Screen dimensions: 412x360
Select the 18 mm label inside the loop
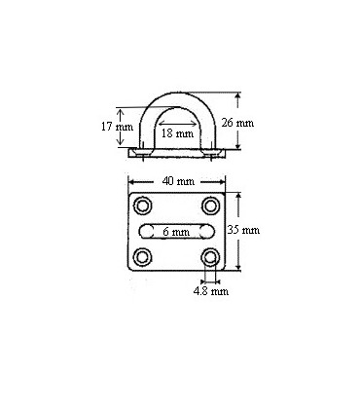pos(176,132)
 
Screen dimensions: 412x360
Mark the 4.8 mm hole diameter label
pos(210,290)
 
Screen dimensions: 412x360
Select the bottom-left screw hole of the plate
pos(144,257)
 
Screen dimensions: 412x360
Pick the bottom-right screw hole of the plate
pos(210,257)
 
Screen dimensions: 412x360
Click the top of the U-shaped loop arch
pos(177,91)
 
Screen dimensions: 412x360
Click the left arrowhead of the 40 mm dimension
pos(130,181)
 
